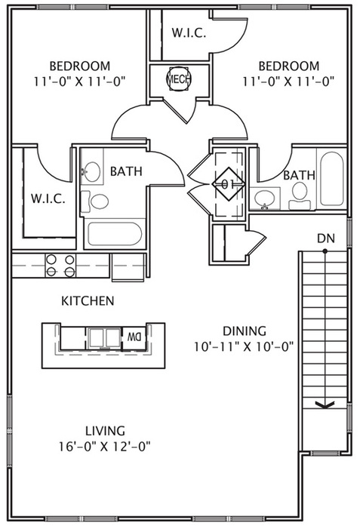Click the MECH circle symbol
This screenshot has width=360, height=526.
(178, 79)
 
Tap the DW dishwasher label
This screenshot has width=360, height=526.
(134, 337)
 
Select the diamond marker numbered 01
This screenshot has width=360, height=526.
(229, 184)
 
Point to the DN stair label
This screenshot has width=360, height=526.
(326, 238)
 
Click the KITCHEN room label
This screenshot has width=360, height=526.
(88, 300)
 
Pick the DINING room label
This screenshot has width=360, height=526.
(245, 331)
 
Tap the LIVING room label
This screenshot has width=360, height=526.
(105, 430)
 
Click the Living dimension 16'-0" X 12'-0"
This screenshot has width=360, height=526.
(105, 447)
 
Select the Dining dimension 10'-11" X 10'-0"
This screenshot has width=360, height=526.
(245, 346)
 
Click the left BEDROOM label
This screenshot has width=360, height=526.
(80, 66)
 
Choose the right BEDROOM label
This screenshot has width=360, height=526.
(289, 66)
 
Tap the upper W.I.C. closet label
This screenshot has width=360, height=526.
(189, 33)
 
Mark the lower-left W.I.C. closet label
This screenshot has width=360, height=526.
(48, 198)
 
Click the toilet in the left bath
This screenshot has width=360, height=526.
(95, 201)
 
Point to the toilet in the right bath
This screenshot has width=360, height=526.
(300, 196)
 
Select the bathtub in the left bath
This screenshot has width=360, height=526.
(115, 234)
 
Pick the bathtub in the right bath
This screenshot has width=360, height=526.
(332, 179)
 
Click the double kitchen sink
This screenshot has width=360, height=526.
(105, 337)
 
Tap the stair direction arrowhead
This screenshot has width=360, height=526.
(325, 405)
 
